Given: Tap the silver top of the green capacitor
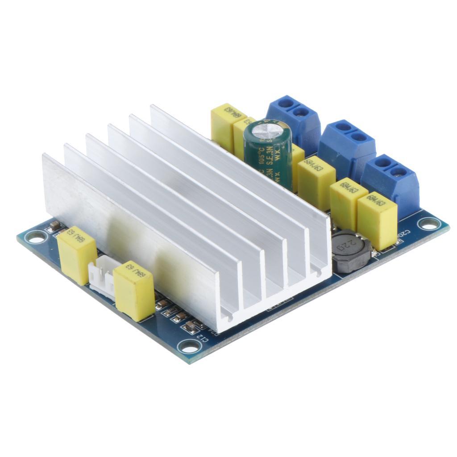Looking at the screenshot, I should [268, 128].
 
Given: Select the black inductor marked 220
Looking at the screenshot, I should [351, 250].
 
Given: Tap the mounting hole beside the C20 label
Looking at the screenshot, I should [429, 224].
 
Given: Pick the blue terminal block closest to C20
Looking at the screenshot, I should [391, 183].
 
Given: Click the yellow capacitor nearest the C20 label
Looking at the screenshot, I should [377, 220].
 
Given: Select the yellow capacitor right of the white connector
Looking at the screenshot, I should [134, 290].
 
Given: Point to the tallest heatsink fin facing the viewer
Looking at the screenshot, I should [129, 232].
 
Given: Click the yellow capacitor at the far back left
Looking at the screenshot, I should [228, 125].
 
